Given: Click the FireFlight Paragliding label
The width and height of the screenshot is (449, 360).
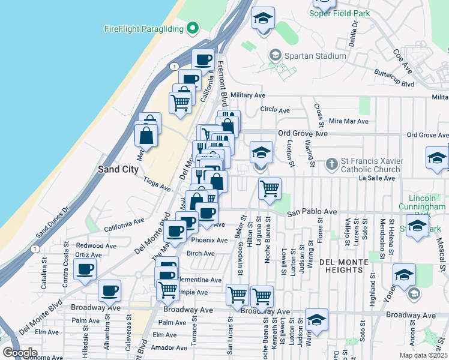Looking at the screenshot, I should click(143, 28).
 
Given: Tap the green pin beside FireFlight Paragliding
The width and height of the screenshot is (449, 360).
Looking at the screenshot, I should click(193, 28).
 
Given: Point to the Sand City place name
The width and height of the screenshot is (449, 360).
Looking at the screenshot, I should click(118, 169).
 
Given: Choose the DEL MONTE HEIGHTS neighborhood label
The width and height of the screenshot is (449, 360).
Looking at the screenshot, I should click(347, 263).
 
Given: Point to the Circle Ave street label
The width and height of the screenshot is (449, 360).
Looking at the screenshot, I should click(275, 110).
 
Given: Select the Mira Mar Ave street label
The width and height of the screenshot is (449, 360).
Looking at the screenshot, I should click(348, 121).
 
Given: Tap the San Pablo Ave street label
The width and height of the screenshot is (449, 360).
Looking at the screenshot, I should click(312, 212).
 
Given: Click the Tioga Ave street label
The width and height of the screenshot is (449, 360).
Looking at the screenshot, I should click(157, 184).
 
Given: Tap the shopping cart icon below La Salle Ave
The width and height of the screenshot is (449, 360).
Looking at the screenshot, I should click(270, 188).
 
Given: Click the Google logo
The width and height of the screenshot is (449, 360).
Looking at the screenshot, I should click(20, 353).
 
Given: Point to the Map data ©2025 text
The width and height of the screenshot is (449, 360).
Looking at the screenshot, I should click(423, 355).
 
